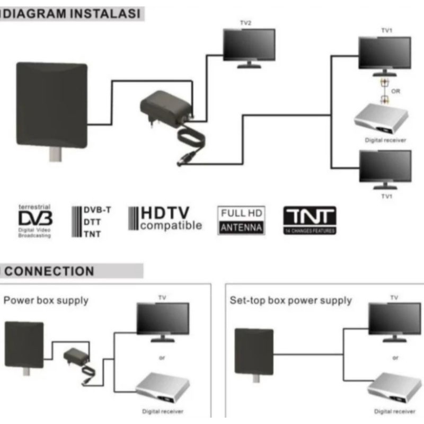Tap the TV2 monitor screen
249,45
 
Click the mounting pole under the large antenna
55,155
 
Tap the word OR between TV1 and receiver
395,91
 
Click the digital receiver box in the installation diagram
381,119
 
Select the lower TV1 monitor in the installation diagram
385,167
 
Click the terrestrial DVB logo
36,218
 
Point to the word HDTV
165,213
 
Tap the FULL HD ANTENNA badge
241,220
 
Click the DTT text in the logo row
92,222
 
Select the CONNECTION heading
49,271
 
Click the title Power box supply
46,301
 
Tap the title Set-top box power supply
290,301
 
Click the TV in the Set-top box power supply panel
394,319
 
